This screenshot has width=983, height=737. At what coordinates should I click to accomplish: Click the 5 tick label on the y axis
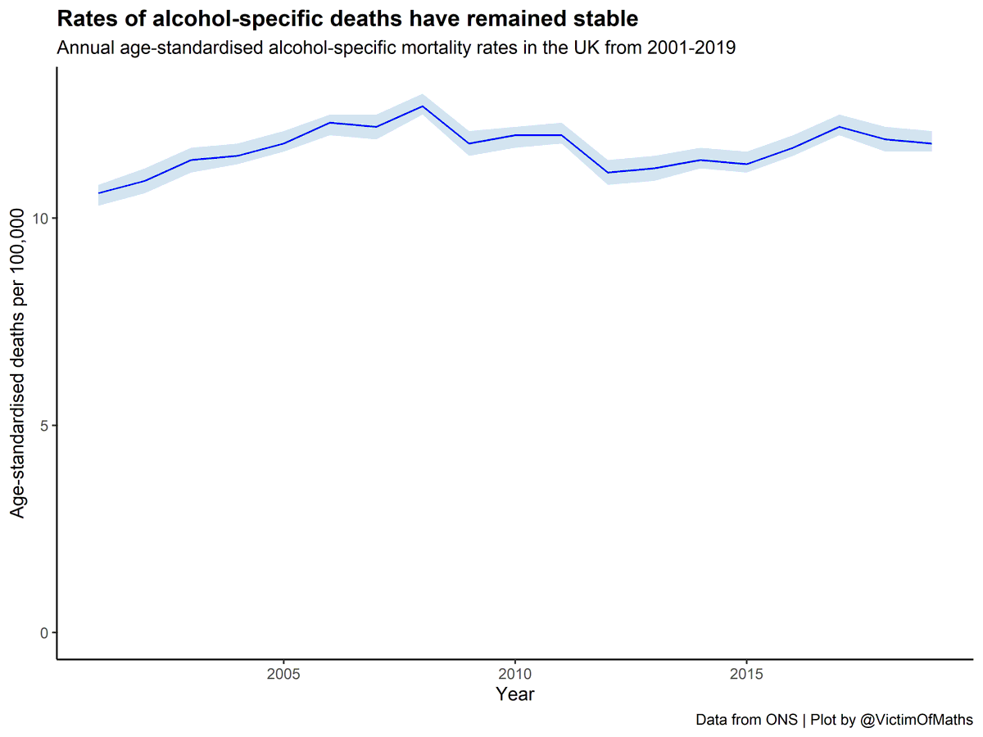[x=44, y=426]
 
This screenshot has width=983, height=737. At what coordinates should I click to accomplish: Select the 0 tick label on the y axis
[x=44, y=633]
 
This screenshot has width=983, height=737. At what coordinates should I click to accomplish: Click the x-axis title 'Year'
[x=514, y=694]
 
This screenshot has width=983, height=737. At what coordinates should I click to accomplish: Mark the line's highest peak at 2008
[x=422, y=106]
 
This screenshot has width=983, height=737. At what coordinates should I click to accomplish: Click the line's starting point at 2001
[x=98, y=193]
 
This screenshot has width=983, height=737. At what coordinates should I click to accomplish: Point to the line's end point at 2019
[x=931, y=143]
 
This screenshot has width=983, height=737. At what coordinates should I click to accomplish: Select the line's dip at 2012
[x=607, y=173]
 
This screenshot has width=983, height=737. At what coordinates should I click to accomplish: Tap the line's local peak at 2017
[x=839, y=127]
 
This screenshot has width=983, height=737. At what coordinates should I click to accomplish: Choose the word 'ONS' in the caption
[x=783, y=721]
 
